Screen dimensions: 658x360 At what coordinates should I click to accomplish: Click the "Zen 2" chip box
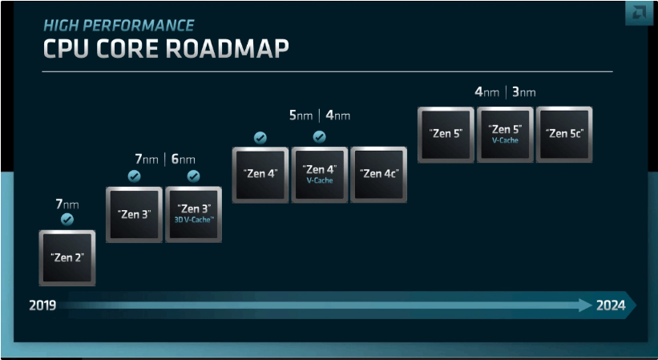pos(67,257)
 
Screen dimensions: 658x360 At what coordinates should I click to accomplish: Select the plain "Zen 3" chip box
pos(135,214)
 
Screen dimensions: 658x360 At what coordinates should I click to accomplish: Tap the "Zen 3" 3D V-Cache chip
pos(193,214)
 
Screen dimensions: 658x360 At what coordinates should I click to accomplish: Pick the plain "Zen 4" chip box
pos(260,175)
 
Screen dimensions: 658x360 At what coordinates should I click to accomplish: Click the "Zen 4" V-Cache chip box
pos(319,175)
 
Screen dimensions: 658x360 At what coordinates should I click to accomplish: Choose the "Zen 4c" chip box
pos(378,175)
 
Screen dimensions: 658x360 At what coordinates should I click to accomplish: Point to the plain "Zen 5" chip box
pos(446,134)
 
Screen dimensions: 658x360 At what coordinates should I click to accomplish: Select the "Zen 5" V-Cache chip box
pos(505,134)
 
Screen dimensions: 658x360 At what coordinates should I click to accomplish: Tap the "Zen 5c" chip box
pos(564,134)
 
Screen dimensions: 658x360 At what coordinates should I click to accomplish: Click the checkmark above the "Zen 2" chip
pos(67,220)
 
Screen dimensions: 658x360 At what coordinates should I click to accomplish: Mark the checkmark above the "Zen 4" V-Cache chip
pos(319,137)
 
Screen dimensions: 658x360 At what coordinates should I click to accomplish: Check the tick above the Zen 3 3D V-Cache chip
pos(193,176)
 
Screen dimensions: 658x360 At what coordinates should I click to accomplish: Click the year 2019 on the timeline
pos(42,305)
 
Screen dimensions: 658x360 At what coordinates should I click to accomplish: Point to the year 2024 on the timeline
pos(611,305)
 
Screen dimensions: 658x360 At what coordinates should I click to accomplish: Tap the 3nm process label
pos(523,92)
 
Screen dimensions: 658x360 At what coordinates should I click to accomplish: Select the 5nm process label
pos(301,115)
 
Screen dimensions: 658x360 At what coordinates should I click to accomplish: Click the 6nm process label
pos(184,159)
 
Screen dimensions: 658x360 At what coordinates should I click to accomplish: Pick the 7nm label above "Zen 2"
pos(67,204)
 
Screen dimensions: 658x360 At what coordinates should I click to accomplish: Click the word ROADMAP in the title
pos(227,49)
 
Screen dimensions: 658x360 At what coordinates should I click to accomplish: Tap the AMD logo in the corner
pos(639,14)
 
